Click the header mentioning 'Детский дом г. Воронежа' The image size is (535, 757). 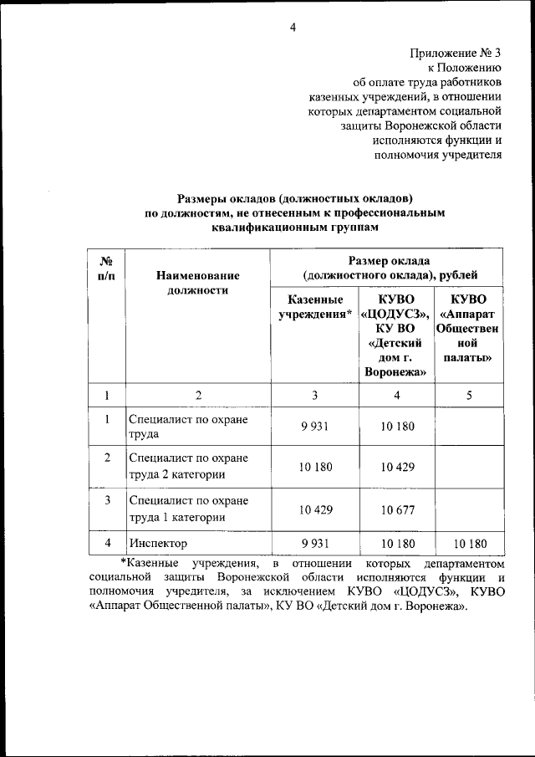(396, 335)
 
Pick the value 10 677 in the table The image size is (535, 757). (396, 509)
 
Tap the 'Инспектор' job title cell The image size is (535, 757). (159, 544)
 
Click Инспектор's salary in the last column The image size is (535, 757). (470, 544)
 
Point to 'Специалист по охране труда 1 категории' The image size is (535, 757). (189, 509)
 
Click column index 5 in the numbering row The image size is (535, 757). (470, 396)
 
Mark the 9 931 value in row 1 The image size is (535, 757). (314, 427)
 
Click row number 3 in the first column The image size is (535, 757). (107, 501)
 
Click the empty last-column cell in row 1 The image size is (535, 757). (470, 427)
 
